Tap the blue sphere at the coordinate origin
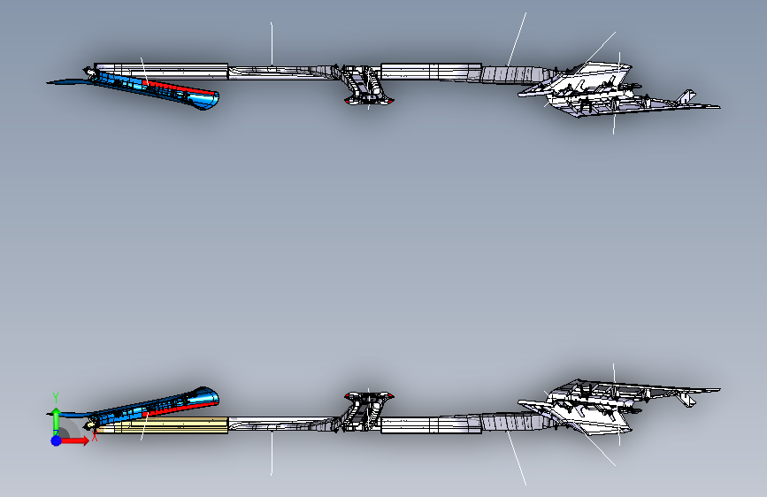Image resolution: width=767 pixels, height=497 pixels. pos(56,440)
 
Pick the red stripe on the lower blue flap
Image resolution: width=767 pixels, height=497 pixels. pos(181,406)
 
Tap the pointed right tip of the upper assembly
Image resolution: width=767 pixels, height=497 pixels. pos(717,107)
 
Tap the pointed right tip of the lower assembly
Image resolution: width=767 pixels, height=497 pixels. pos(717,388)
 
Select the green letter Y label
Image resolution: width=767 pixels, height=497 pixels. pos(55,396)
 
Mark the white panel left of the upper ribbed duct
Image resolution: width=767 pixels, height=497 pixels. pos(430,70)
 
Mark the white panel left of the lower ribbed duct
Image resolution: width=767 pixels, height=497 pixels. pos(430,425)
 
